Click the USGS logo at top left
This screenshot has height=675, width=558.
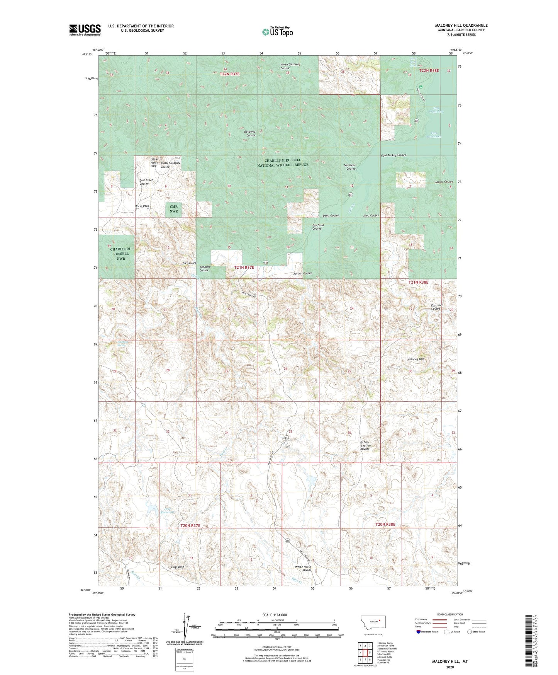pyautogui.click(x=85, y=30)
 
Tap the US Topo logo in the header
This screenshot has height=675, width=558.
pyautogui.click(x=277, y=32)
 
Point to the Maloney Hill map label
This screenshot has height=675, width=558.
pyautogui.click(x=415, y=359)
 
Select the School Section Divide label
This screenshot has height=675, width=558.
pyautogui.click(x=365, y=445)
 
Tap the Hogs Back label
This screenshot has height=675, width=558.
pyautogui.click(x=178, y=567)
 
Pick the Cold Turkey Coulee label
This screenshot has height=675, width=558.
pyautogui.click(x=393, y=155)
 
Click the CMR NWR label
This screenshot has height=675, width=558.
pyautogui.click(x=174, y=209)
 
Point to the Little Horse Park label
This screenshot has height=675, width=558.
pyautogui.click(x=154, y=162)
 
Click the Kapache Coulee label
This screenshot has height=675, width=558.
pyautogui.click(x=204, y=268)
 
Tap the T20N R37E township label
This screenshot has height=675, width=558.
pyautogui.click(x=190, y=525)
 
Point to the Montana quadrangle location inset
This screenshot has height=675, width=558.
pyautogui.click(x=373, y=624)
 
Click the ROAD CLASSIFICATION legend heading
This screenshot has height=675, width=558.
pyautogui.click(x=450, y=614)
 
